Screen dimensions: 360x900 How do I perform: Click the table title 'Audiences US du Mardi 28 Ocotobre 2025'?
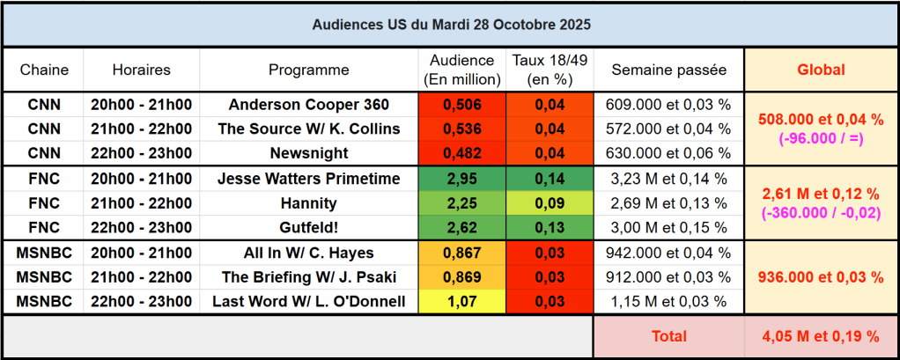pyautogui.click(x=451, y=25)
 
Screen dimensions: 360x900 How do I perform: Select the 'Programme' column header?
pyautogui.click(x=308, y=70)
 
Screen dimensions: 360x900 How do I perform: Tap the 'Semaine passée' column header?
pyautogui.click(x=668, y=70)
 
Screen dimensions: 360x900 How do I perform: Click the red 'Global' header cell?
pyautogui.click(x=821, y=70)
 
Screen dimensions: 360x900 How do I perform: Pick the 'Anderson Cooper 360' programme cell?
pyautogui.click(x=308, y=104)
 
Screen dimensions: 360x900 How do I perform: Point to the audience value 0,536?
pyautogui.click(x=461, y=129)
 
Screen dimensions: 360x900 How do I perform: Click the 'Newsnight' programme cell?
pyautogui.click(x=308, y=153)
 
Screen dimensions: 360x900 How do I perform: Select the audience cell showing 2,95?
pyautogui.click(x=461, y=179)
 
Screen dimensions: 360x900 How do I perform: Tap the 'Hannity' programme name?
pyautogui.click(x=308, y=203)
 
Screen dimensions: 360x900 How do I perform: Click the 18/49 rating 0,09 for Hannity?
pyautogui.click(x=550, y=203)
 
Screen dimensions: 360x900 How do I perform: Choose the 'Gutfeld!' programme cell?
pyautogui.click(x=308, y=228)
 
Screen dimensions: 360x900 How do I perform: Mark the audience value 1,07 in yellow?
pyautogui.click(x=461, y=302)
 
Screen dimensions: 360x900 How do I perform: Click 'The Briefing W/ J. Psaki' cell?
pyautogui.click(x=308, y=277)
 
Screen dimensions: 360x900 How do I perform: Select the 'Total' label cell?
pyautogui.click(x=668, y=336)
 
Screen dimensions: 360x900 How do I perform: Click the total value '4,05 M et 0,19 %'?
pyautogui.click(x=821, y=336)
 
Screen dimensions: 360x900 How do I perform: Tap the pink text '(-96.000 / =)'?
pyautogui.click(x=821, y=137)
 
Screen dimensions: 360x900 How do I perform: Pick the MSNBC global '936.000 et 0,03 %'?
pyautogui.click(x=821, y=277)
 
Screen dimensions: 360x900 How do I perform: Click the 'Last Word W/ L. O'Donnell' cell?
pyautogui.click(x=308, y=302)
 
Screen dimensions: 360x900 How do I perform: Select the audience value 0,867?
pyautogui.click(x=461, y=253)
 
